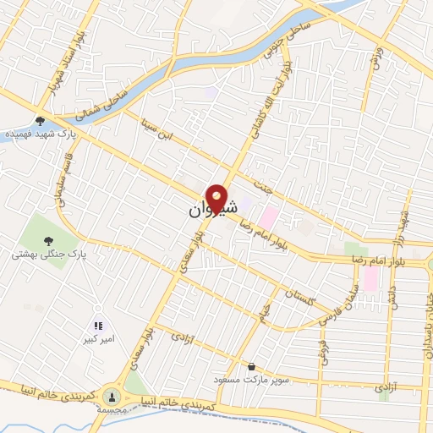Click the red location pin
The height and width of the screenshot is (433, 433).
pyautogui.click(x=217, y=197)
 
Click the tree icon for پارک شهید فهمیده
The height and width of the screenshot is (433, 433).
pyautogui.click(x=40, y=120)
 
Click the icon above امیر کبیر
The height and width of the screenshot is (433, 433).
pyautogui.click(x=98, y=325)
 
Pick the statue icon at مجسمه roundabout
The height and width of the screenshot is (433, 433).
pyautogui.click(x=112, y=396)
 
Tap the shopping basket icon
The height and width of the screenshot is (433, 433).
pyautogui.click(x=251, y=367)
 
